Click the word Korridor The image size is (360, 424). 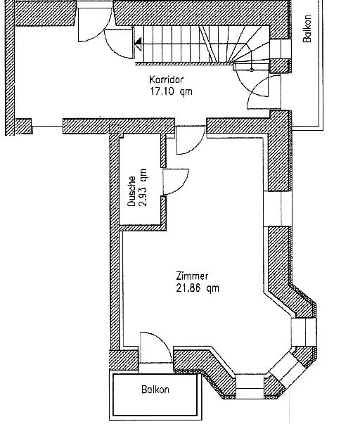tap(167, 79)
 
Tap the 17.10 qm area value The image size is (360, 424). tap(171, 91)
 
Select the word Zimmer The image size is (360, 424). tap(192, 276)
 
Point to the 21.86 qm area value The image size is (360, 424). tap(198, 288)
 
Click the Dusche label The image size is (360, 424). tap(131, 191)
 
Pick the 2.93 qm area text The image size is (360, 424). tap(143, 188)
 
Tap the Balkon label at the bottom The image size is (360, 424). tap(155, 390)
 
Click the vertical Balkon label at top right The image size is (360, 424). tap(307, 28)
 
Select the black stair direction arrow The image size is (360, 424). tap(139, 44)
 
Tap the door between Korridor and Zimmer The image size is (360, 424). tap(191, 140)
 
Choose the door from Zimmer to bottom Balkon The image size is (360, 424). tap(156, 347)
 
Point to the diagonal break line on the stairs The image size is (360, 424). tap(209, 44)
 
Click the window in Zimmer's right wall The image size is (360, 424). tap(278, 209)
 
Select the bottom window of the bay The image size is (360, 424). tap(250, 386)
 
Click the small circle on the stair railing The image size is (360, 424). tap(252, 70)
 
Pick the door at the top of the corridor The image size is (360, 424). tap(95, 25)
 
